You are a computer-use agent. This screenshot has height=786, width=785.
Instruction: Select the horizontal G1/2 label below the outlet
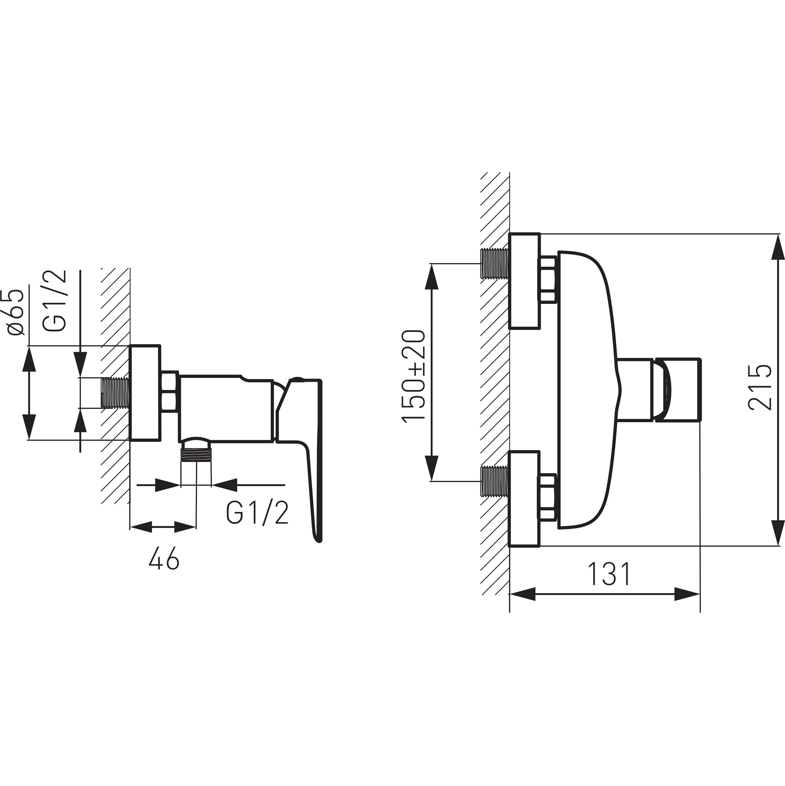click(257, 513)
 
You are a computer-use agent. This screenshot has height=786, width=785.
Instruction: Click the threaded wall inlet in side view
click(115, 393)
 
